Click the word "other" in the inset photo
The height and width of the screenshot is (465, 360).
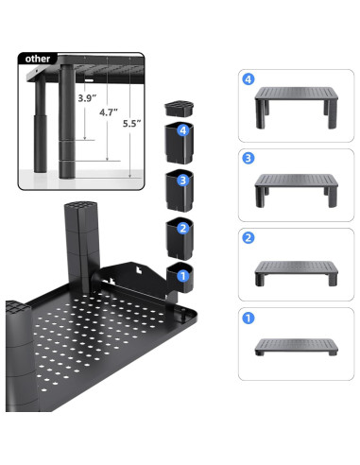[x=38, y=59]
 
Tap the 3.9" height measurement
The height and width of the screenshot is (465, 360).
[x=87, y=98]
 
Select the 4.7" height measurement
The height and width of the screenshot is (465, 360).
[x=109, y=112]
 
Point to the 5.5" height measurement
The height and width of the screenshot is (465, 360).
[x=131, y=124]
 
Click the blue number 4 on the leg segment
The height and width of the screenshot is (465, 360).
[x=183, y=130]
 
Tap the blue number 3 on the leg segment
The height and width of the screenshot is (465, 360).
[x=183, y=181]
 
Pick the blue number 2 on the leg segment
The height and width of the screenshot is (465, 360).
[x=183, y=228]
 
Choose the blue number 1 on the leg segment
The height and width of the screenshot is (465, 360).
[x=183, y=276]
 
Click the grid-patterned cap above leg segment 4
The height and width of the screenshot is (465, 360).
[x=179, y=109]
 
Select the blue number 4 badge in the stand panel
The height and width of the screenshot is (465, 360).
[x=249, y=79]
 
